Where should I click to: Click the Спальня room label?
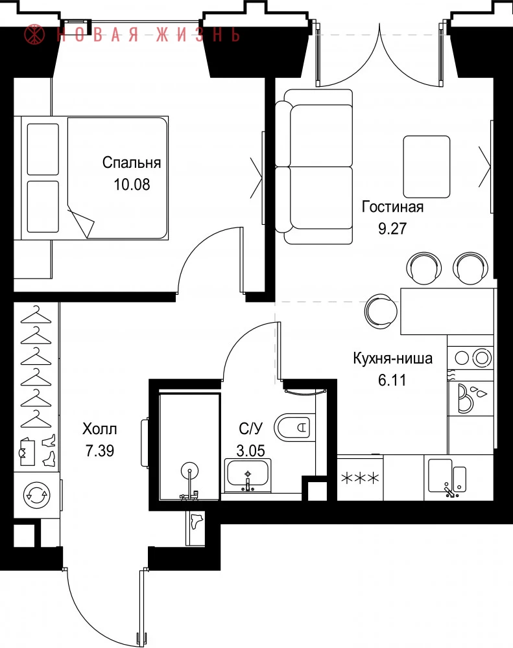click(132, 163)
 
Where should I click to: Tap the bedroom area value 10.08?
click(132, 184)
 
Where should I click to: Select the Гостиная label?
click(392, 206)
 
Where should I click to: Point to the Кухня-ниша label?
click(392, 358)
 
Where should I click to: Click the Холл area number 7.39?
click(100, 450)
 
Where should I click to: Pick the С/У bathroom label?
click(251, 428)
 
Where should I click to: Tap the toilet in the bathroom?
click(292, 426)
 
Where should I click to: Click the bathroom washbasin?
click(247, 475)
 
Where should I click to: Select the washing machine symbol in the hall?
click(37, 495)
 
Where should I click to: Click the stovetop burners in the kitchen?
click(471, 358)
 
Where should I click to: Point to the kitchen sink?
click(447, 476)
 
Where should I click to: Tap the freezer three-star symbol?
click(360, 479)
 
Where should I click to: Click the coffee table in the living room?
click(427, 167)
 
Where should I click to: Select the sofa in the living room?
click(314, 167)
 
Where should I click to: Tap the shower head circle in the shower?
click(189, 470)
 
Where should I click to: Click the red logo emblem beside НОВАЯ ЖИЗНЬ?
click(35, 34)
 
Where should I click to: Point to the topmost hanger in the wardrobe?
click(36, 316)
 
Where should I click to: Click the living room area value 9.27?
click(392, 228)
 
